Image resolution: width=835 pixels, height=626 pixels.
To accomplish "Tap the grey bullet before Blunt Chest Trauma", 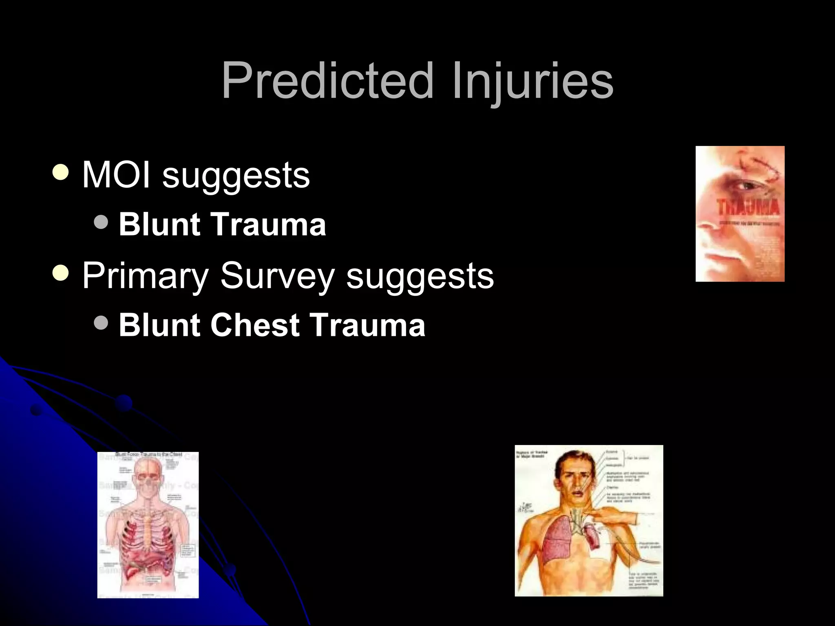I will point(101,323).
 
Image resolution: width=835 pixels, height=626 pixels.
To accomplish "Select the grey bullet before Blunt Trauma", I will point(101,222).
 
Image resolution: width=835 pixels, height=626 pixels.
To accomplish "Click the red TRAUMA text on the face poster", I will point(748,207).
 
